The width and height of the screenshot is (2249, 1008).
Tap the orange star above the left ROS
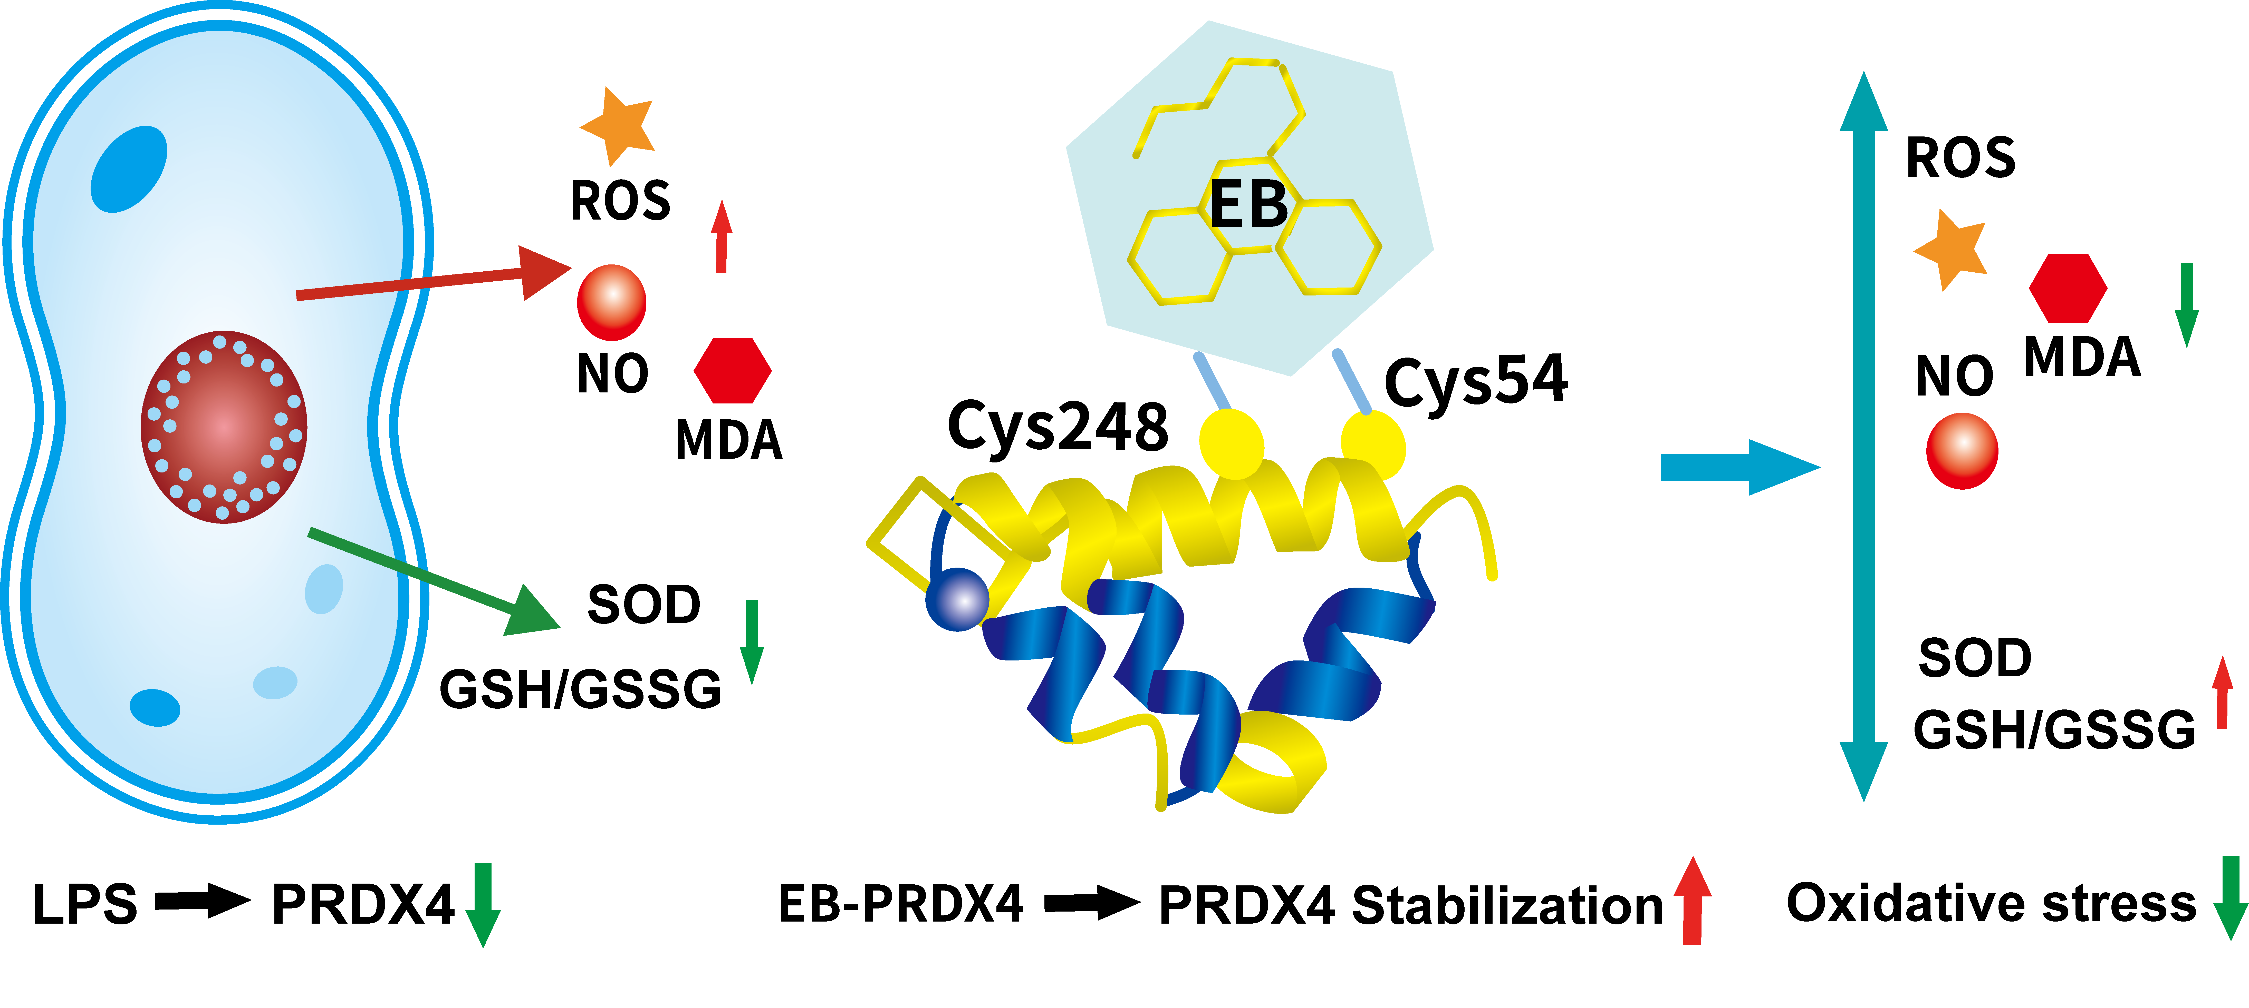coord(618,125)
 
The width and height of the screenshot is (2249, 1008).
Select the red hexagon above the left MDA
coord(733,370)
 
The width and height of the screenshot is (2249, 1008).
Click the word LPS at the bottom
coord(85,905)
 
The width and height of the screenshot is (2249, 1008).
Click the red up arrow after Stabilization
coord(1692,901)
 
